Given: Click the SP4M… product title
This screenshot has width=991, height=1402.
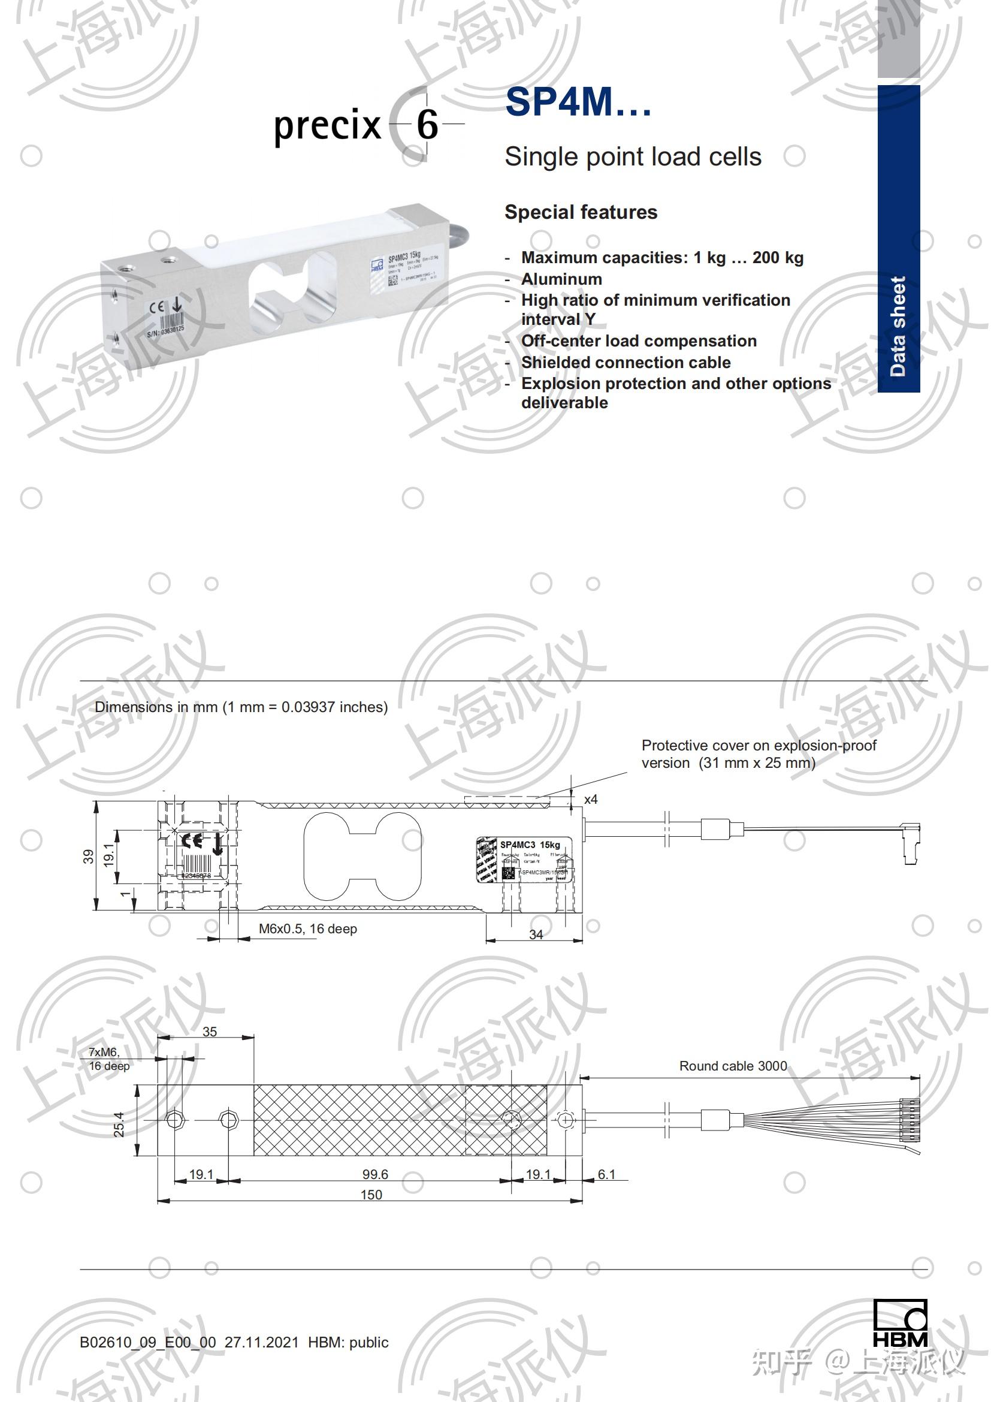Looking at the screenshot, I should tap(578, 102).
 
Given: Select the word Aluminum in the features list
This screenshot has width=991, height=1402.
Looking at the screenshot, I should tap(561, 279).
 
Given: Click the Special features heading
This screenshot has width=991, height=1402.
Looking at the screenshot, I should tap(581, 212).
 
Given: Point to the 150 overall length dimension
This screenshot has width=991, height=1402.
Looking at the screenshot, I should tap(371, 1195).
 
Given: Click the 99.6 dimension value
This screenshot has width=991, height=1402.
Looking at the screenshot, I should tap(374, 1174).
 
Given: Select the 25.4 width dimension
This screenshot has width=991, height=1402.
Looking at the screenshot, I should tap(119, 1124).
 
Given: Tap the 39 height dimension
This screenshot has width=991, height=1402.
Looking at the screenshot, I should tap(89, 856).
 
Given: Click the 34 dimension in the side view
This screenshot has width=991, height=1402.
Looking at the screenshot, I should tap(536, 935).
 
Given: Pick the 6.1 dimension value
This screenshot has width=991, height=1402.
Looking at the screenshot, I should tap(606, 1174).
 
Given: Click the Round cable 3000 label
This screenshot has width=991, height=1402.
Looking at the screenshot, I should tap(733, 1066).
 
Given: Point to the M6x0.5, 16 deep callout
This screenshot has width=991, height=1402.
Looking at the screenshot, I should tap(307, 928).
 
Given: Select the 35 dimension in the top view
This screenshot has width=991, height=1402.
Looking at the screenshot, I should tap(209, 1032).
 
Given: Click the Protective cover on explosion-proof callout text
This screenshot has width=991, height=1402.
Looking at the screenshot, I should tap(759, 753).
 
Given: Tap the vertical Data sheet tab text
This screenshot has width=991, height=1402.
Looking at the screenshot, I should tap(898, 326).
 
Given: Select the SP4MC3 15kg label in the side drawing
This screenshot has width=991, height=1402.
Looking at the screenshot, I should tap(530, 845).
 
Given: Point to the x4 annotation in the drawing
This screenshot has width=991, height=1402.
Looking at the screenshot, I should tap(591, 800).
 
